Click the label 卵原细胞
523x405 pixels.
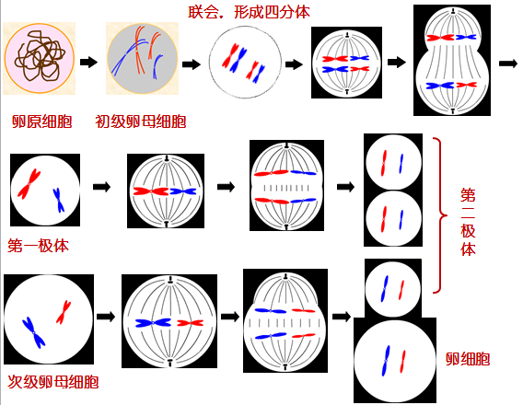coord(42,121)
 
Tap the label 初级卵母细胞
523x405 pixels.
coord(141,121)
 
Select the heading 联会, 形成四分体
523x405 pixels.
coord(249,12)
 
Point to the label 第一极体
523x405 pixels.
coord(38,246)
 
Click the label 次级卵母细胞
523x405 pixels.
coord(53,382)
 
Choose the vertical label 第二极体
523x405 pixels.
coord(468,222)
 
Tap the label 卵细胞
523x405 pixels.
coord(468,359)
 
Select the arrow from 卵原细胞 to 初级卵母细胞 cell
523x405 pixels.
coord(88,62)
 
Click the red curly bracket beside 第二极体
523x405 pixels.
coord(441,215)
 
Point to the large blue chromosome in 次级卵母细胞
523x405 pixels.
coord(33,332)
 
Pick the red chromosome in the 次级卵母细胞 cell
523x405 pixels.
coord(64,312)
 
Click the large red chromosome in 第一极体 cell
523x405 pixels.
coord(29,184)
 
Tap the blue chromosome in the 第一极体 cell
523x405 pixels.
coord(59,201)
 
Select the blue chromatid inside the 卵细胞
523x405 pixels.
coord(386,361)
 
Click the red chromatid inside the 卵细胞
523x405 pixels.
coord(402,362)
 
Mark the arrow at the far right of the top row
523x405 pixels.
coord(508,64)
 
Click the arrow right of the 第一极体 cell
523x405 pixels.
coord(101,187)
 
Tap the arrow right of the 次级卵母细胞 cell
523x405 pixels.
coord(106,317)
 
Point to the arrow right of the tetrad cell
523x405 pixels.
coord(294,64)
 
